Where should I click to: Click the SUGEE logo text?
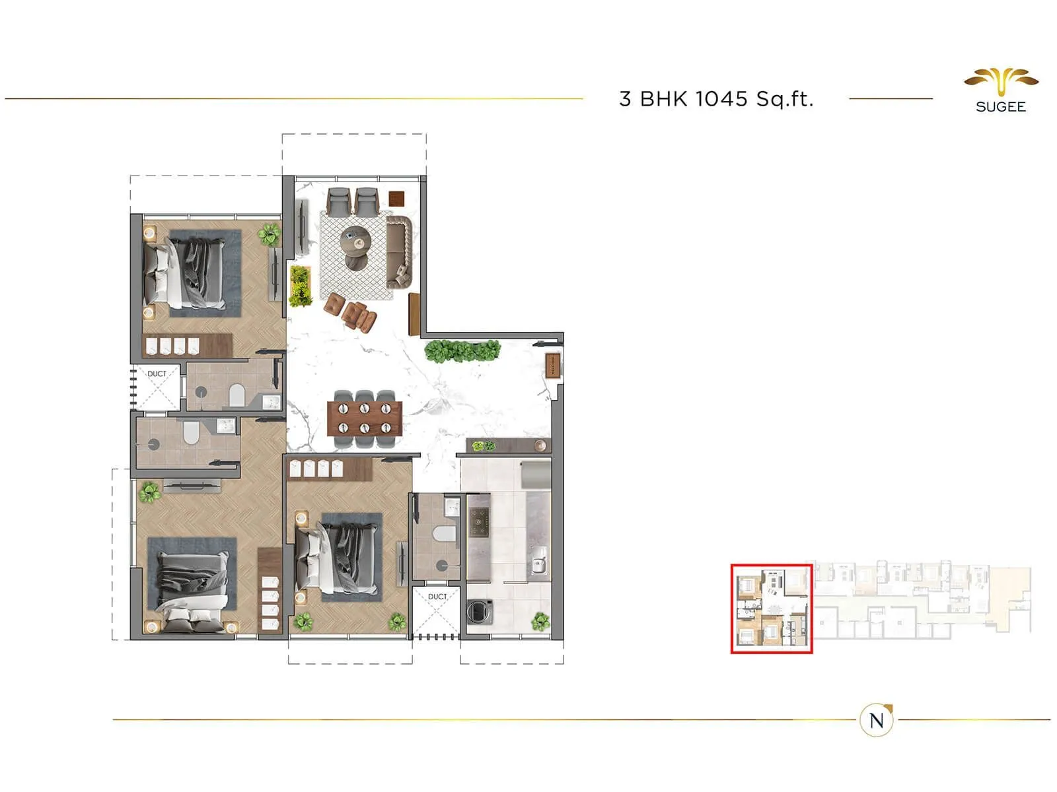tap(1000, 107)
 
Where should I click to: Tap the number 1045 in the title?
tap(721, 99)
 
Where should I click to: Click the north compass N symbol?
tap(877, 720)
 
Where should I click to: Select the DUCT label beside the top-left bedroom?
tap(157, 374)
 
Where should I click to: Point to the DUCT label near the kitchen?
tap(437, 597)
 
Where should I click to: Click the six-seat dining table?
tap(364, 418)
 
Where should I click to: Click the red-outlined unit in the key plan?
tap(771, 609)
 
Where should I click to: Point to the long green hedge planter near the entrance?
tap(462, 351)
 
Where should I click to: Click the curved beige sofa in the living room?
tap(398, 251)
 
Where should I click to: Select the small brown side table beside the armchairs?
tap(396, 198)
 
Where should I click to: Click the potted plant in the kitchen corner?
tap(540, 620)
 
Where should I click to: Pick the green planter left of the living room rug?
tap(301, 286)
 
